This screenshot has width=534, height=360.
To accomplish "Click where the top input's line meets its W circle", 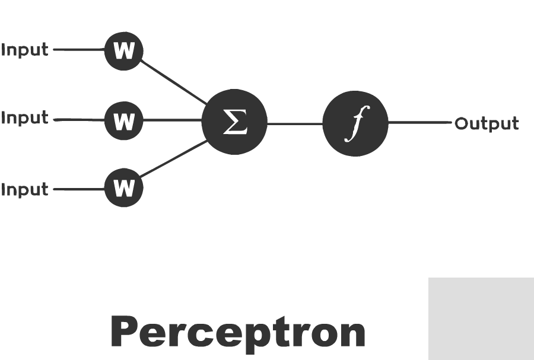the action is pyautogui.click(x=104, y=50).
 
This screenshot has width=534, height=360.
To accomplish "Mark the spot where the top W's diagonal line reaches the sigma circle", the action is pyautogui.click(x=206, y=104).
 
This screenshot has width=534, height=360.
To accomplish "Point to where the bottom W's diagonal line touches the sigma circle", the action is pyautogui.click(x=208, y=141).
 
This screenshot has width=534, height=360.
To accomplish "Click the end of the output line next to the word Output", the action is pyautogui.click(x=452, y=122).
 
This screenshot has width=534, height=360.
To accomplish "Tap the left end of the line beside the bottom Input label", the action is pyautogui.click(x=54, y=189).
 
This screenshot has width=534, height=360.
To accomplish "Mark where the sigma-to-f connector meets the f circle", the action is pyautogui.click(x=323, y=124).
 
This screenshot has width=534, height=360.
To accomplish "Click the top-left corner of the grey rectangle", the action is pyautogui.click(x=428, y=278).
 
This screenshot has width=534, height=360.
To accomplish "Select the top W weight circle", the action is pyautogui.click(x=123, y=51).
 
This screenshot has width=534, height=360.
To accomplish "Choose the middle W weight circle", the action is pyautogui.click(x=123, y=120).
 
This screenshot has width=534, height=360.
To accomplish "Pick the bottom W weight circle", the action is pyautogui.click(x=123, y=187).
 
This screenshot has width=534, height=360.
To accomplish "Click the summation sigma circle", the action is pyautogui.click(x=234, y=122).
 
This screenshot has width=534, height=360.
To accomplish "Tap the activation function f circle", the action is pyautogui.click(x=355, y=123).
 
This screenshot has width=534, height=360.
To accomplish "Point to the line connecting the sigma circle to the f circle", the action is pyautogui.click(x=295, y=124).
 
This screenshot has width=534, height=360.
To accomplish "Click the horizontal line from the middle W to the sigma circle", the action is pyautogui.click(x=172, y=120).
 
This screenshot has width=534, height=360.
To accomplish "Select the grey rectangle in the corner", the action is pyautogui.click(x=481, y=319).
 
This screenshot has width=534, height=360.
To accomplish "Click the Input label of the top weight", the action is pyautogui.click(x=25, y=50).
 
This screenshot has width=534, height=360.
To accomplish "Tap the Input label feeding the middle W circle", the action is pyautogui.click(x=25, y=118).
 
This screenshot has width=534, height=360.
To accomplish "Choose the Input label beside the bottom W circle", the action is pyautogui.click(x=25, y=190).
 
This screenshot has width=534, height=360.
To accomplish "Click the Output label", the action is pyautogui.click(x=487, y=124).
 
